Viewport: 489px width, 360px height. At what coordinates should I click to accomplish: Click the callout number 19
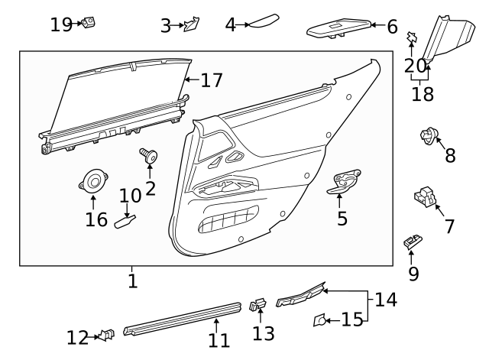coord(60,24)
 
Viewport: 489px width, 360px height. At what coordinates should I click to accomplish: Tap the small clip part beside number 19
coord(89,23)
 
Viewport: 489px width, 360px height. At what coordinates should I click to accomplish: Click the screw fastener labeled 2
coord(148,157)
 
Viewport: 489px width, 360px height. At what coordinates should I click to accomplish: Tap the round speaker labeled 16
coord(94,182)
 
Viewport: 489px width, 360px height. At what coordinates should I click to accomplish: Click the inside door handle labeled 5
coord(348,182)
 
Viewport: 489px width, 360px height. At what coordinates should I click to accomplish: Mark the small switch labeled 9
coord(413,242)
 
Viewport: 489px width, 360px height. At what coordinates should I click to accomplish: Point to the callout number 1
coord(132,281)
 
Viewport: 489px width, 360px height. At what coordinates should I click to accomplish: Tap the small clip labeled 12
coord(107,334)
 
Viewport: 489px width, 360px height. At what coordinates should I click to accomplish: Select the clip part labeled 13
coord(257,306)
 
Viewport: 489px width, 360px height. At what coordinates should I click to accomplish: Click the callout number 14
coord(386,300)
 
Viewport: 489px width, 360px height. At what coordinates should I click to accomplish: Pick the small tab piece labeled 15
coord(319,319)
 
